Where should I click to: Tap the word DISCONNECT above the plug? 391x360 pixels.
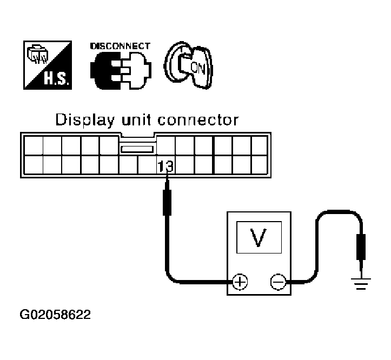click(119, 46)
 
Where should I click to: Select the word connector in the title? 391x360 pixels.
click(202, 119)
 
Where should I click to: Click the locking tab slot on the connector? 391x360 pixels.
click(138, 149)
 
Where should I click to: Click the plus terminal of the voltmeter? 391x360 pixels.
click(240, 282)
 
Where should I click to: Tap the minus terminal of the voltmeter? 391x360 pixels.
click(277, 282)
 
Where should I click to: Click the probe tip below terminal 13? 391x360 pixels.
click(168, 184)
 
